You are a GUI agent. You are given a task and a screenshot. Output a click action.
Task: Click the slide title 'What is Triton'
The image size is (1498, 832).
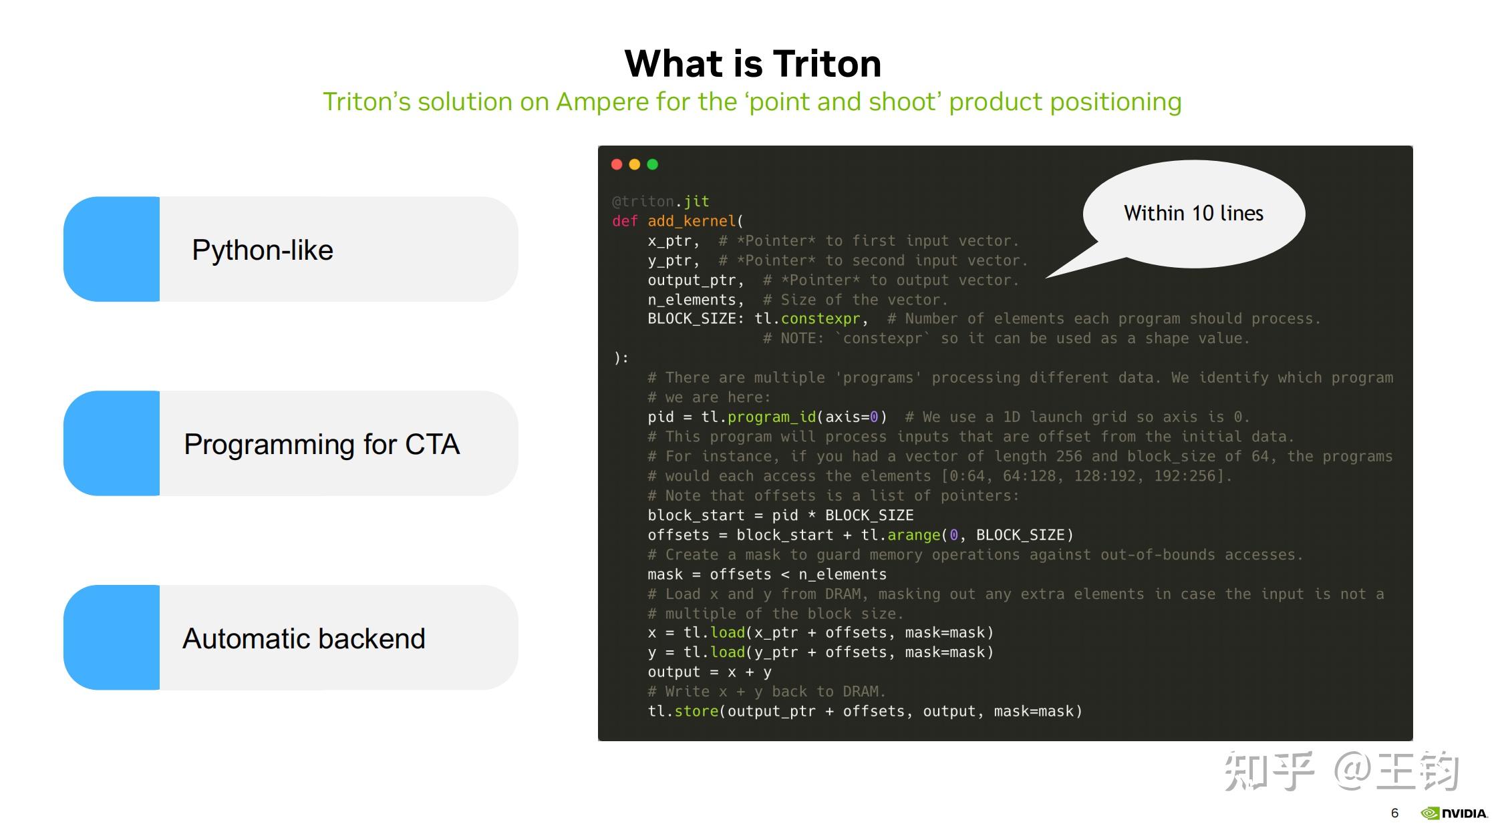753,64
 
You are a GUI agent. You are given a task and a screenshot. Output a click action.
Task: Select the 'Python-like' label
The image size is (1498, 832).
262,250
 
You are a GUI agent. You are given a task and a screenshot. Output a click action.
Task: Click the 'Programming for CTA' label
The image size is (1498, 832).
321,445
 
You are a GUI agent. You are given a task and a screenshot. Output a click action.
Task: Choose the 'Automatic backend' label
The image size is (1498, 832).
303,639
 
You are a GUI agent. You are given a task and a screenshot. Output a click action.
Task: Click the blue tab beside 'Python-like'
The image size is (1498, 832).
112,249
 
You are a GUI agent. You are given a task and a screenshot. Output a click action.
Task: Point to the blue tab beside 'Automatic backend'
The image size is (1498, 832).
112,638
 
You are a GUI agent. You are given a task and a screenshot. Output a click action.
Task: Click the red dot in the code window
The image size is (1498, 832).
617,164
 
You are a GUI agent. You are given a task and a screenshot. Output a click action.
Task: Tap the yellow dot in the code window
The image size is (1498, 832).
635,164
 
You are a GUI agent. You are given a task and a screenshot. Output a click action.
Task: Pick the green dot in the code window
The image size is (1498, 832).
653,164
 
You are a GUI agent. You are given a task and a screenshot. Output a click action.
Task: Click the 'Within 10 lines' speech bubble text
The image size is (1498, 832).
1193,214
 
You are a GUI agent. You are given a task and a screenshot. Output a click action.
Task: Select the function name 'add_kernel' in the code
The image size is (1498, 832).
692,221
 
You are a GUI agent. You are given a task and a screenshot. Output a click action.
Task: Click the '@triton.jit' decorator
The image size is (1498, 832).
660,202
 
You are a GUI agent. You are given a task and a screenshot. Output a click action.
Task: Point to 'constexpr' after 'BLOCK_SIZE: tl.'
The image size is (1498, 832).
820,319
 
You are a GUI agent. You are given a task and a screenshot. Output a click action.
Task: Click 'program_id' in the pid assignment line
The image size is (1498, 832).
772,417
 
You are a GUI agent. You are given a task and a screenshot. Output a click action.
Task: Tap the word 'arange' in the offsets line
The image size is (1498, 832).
913,536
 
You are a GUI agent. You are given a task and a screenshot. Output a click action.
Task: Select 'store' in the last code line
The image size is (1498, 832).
696,712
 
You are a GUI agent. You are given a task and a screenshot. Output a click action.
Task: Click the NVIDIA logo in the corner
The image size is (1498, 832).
1455,813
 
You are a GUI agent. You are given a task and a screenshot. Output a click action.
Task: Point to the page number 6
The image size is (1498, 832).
1394,813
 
